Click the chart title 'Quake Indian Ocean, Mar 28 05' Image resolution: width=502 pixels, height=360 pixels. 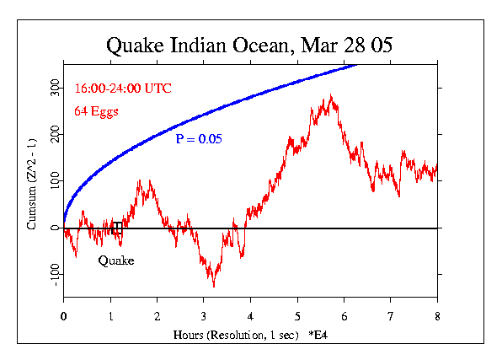coord(249,45)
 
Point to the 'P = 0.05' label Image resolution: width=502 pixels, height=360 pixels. coord(199,139)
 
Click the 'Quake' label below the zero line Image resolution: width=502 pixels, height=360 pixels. coord(116,261)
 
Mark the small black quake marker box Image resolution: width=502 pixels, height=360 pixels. coord(117,228)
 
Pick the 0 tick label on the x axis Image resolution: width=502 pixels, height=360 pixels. coord(64,316)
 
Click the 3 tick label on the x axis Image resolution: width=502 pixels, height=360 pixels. coord(204,316)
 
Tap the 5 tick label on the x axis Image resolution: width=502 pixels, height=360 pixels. coord(297,316)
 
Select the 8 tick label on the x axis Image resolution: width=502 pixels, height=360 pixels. coord(437,316)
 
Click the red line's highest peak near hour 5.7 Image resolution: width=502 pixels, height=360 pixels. coord(332,95)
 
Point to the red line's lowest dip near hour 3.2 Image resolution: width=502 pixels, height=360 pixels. coord(214,286)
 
